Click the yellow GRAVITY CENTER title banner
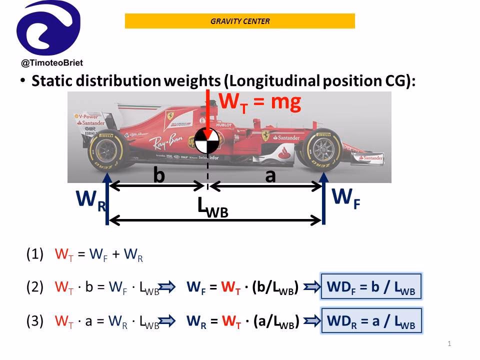click(x=239, y=21)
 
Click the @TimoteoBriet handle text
click(x=52, y=63)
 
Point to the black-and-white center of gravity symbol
click(x=207, y=141)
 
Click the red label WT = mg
click(x=260, y=102)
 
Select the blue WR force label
click(x=90, y=200)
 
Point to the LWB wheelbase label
click(x=212, y=207)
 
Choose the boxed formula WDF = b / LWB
click(x=371, y=287)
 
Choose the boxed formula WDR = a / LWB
click(x=371, y=321)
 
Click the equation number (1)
click(x=35, y=254)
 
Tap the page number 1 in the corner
click(x=449, y=343)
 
